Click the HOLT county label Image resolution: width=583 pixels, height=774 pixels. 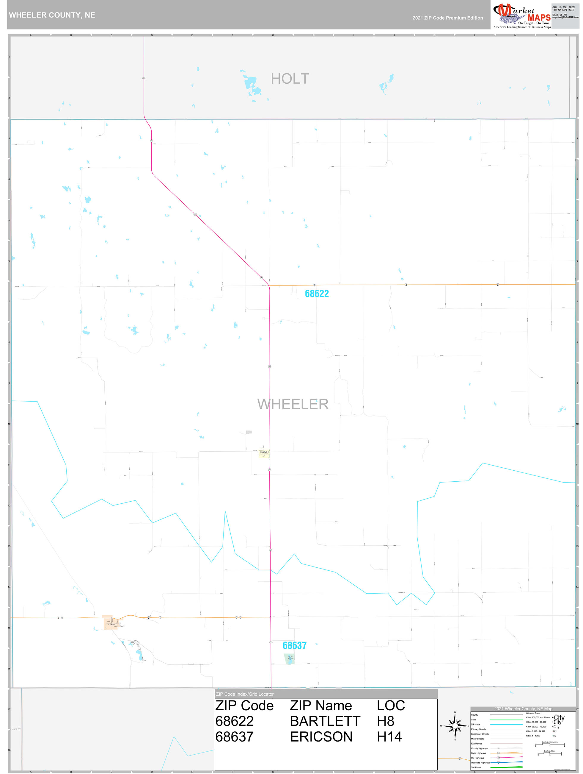point(290,79)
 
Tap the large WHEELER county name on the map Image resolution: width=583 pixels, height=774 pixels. point(293,404)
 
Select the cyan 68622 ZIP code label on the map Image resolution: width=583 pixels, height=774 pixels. point(317,294)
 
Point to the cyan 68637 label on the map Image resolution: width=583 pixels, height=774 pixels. point(294,646)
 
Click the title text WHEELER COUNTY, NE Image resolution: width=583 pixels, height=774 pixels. point(52,15)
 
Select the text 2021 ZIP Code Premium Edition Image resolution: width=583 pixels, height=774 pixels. point(447,18)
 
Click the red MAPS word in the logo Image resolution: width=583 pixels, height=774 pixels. point(539,18)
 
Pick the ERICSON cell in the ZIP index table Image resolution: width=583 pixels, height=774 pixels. point(321,736)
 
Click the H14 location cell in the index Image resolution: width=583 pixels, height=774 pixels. point(389,736)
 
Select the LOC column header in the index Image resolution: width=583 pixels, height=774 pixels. point(391,706)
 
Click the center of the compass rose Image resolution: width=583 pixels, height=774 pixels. point(455,726)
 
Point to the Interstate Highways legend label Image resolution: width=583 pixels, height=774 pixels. point(480,762)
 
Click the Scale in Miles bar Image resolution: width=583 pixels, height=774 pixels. point(549,754)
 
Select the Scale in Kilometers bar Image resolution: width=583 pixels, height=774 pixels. point(549,745)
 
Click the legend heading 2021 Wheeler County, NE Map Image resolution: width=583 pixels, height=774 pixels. point(523,709)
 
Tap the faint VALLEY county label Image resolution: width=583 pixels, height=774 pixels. point(16,729)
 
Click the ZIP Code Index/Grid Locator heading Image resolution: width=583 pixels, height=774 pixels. point(245,694)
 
